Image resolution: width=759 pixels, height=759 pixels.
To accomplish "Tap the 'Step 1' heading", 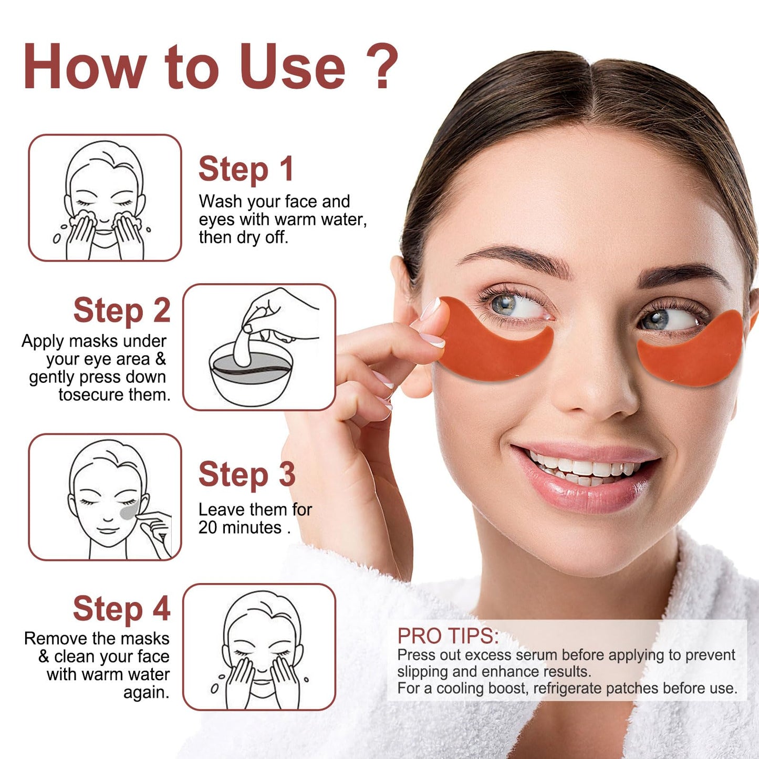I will (246, 169).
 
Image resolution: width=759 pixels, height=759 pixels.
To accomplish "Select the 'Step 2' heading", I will (122, 310).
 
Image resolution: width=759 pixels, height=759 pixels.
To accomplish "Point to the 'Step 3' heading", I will (247, 474).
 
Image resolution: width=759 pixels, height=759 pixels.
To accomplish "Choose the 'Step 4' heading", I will (122, 609).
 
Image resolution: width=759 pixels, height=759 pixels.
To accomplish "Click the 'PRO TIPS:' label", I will (448, 636).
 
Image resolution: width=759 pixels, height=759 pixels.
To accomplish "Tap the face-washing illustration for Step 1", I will (105, 198).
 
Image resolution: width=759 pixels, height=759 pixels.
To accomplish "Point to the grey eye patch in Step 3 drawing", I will (128, 510).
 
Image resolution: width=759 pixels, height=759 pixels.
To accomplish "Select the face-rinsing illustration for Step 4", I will (259, 647).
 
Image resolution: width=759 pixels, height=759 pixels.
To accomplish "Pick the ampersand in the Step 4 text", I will (44, 657).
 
